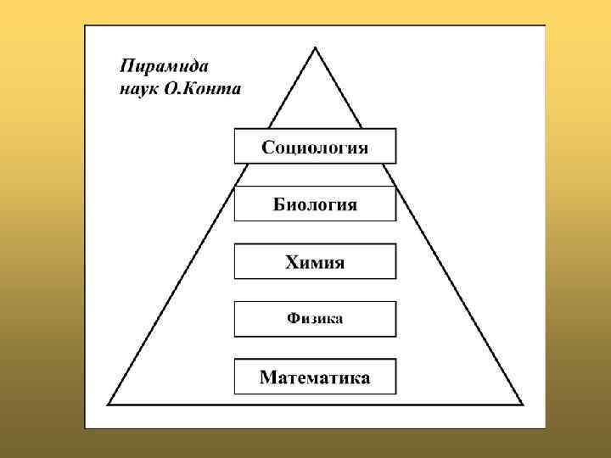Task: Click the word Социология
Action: pyautogui.click(x=315, y=148)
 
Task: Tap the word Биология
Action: pyautogui.click(x=315, y=204)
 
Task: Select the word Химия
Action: pyautogui.click(x=315, y=262)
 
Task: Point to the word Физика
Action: pyautogui.click(x=315, y=319)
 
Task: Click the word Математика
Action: pyautogui.click(x=315, y=377)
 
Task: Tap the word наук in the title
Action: pyautogui.click(x=136, y=88)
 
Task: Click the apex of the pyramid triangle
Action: pyautogui.click(x=316, y=47)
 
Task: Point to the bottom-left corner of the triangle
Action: pyautogui.click(x=107, y=405)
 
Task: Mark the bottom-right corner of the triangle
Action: pyautogui.click(x=523, y=405)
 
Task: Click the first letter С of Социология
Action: pyautogui.click(x=267, y=148)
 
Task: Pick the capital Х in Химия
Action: pyautogui.click(x=290, y=262)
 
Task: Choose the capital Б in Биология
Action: pyautogui.click(x=278, y=204)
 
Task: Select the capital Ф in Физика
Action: pyautogui.click(x=293, y=319)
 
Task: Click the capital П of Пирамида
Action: pyautogui.click(x=126, y=66)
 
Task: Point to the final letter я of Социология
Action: pyautogui.click(x=362, y=148)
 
